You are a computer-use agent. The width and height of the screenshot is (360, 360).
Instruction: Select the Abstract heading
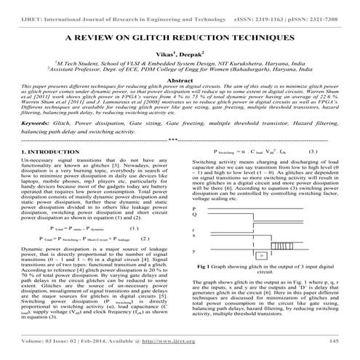point(180,82)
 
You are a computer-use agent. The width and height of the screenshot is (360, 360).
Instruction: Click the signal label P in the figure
point(194,207)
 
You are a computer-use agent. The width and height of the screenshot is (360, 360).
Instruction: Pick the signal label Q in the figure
point(194,215)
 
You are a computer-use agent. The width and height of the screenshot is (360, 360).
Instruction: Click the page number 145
point(334,340)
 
